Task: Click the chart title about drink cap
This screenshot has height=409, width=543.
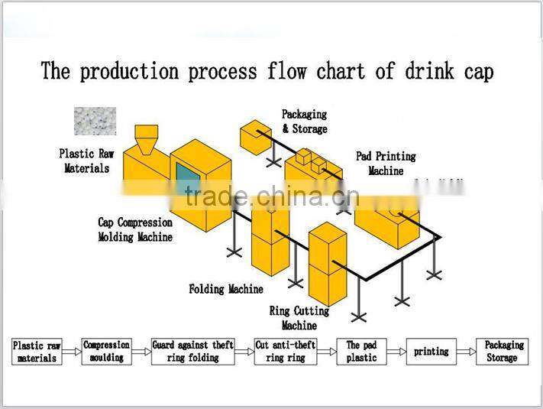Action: (x=267, y=71)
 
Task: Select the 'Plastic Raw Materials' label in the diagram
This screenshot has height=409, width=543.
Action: (x=86, y=161)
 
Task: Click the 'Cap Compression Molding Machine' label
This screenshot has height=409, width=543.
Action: (x=135, y=229)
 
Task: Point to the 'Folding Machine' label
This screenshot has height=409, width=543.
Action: (x=226, y=289)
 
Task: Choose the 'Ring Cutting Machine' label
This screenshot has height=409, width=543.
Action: (x=299, y=318)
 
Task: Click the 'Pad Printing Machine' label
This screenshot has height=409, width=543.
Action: (x=386, y=163)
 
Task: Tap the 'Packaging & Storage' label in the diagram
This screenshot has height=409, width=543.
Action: (x=304, y=121)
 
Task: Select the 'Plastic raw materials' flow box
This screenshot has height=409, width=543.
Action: (x=37, y=352)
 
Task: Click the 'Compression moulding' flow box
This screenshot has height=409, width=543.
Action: (x=106, y=352)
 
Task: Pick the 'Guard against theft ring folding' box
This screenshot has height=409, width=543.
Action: (x=192, y=352)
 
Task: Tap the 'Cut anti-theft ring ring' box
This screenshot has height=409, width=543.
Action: (x=286, y=352)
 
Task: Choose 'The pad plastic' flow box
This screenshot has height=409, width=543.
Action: (x=362, y=352)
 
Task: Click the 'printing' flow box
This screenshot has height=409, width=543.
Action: (x=431, y=352)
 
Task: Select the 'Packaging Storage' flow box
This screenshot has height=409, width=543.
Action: (x=501, y=352)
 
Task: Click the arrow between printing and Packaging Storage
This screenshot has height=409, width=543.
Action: (x=466, y=352)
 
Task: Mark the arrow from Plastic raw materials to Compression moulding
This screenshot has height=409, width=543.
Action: (x=71, y=352)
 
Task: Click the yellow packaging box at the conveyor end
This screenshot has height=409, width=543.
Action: (x=255, y=136)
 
